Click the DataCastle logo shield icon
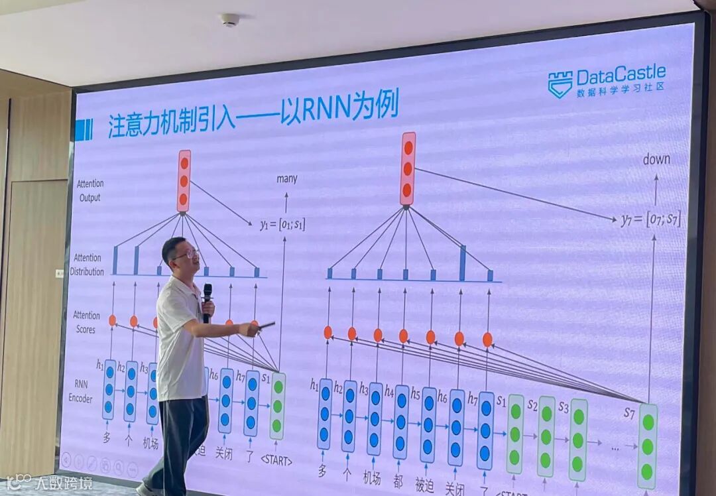pyautogui.click(x=560, y=84)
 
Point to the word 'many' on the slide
pyautogui.click(x=286, y=178)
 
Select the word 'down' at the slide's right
pyautogui.click(x=656, y=159)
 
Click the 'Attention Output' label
pyautogui.click(x=89, y=190)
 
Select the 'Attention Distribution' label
pyautogui.click(x=88, y=265)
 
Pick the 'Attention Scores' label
pyautogui.click(x=87, y=322)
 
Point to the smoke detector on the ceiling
pyautogui.click(x=229, y=20)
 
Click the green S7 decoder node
pyautogui.click(x=647, y=446)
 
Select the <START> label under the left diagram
pyautogui.click(x=276, y=460)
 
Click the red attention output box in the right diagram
pyautogui.click(x=408, y=168)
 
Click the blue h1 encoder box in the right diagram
pyautogui.click(x=324, y=413)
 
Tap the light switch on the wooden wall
pyautogui.click(x=59, y=273)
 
